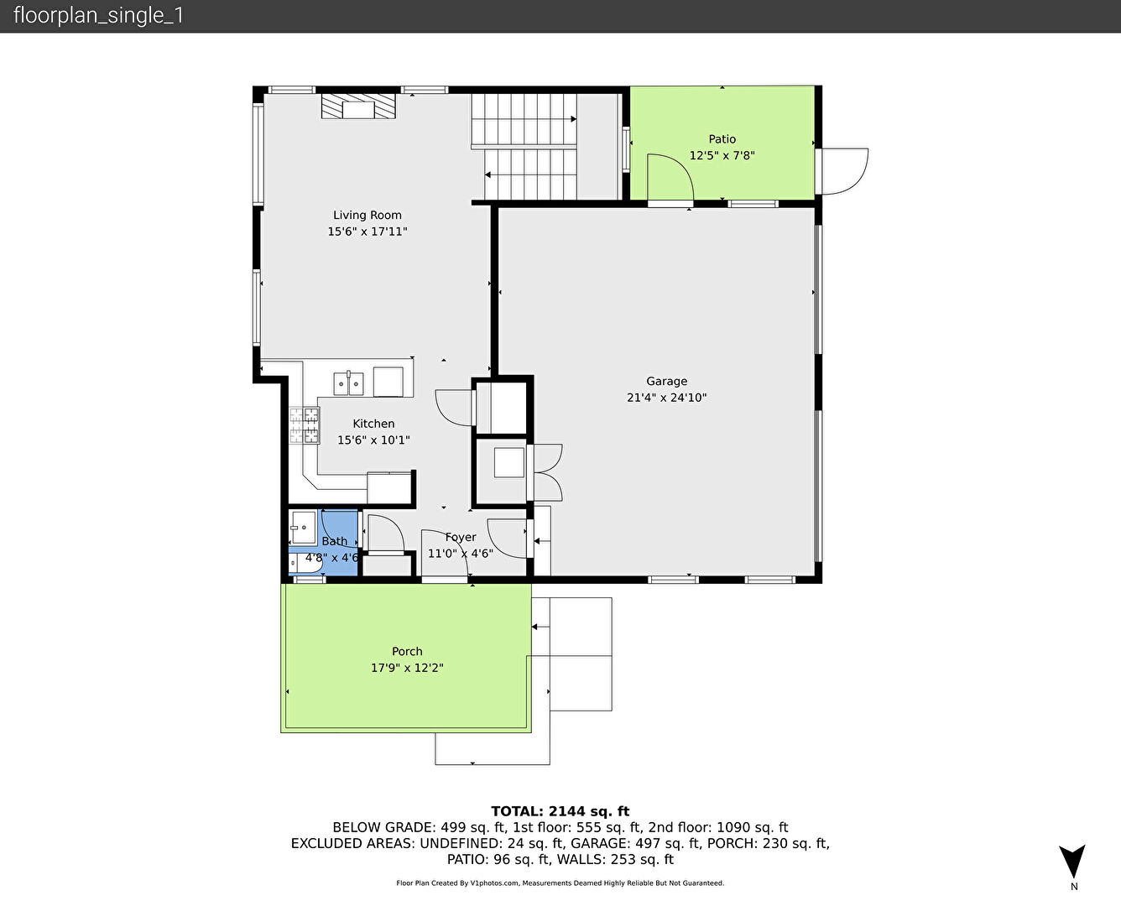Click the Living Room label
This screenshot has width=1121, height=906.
pyautogui.click(x=367, y=216)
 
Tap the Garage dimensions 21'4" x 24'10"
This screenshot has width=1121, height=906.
pyautogui.click(x=666, y=398)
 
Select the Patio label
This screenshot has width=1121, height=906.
pyautogui.click(x=722, y=139)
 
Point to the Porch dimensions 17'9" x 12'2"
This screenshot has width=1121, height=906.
pyautogui.click(x=407, y=669)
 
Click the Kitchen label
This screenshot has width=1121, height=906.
pyautogui.click(x=373, y=424)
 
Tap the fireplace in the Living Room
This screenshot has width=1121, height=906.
pyautogui.click(x=358, y=107)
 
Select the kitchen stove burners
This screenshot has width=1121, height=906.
pyautogui.click(x=305, y=425)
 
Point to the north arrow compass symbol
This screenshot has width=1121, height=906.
pyautogui.click(x=1072, y=862)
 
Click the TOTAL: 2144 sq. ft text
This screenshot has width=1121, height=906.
pyautogui.click(x=560, y=811)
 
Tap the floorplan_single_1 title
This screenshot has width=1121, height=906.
pyautogui.click(x=98, y=16)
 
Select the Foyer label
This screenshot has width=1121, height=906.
pyautogui.click(x=461, y=537)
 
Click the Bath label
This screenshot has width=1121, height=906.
pyautogui.click(x=334, y=541)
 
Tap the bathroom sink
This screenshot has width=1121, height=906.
pyautogui.click(x=303, y=527)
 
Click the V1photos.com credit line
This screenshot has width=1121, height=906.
pyautogui.click(x=560, y=883)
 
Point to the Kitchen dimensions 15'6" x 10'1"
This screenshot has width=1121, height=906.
pyautogui.click(x=373, y=440)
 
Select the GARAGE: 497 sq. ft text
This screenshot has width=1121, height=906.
pyautogui.click(x=636, y=844)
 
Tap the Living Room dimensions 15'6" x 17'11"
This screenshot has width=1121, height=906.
pyautogui.click(x=368, y=232)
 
